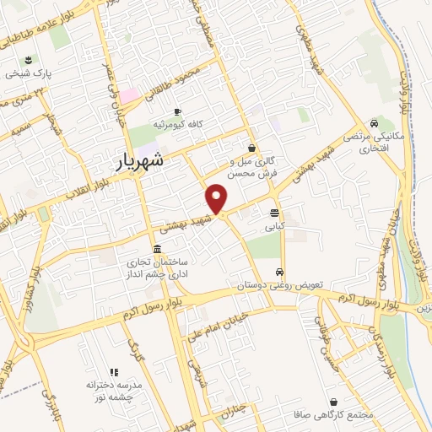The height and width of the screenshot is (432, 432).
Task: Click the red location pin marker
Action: (218, 199)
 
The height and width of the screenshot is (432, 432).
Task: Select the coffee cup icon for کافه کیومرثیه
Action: (177, 112)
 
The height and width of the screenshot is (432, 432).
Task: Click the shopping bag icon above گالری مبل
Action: (252, 147)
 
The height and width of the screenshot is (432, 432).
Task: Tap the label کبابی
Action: (275, 226)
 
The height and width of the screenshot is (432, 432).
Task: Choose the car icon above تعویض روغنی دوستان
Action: (279, 273)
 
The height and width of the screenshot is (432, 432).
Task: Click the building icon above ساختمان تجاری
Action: (158, 249)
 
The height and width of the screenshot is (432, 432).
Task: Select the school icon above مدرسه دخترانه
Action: (112, 372)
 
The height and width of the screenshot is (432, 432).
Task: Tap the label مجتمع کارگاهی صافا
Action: (347, 416)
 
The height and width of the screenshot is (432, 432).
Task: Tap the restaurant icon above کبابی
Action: (275, 213)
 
